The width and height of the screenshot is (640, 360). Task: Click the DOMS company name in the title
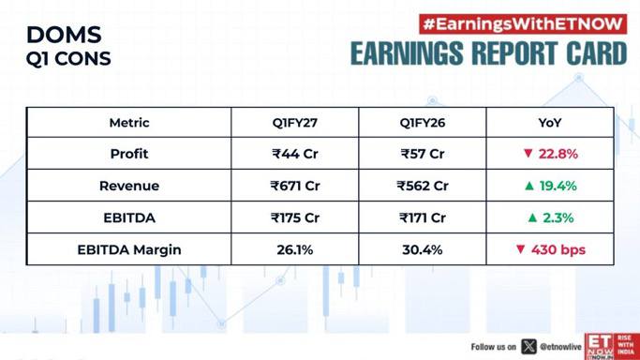coord(64,35)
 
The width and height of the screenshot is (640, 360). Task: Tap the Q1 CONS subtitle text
coord(68,59)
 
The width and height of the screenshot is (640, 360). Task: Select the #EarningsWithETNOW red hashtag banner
coord(523,24)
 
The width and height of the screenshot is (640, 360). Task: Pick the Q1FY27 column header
coord(294,123)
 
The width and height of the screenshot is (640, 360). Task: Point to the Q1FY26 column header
coord(423,123)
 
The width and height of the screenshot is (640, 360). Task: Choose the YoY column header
coord(550,123)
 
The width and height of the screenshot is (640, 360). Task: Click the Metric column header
coord(129,123)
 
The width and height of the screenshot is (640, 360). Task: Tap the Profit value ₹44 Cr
coord(294,154)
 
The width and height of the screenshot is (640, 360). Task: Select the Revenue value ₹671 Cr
coord(294,186)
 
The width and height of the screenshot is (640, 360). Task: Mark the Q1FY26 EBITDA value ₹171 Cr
coord(423,217)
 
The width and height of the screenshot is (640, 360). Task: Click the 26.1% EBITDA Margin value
coord(294,249)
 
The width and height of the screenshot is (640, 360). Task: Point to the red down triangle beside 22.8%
coord(528,154)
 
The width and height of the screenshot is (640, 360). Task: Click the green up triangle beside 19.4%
coord(529,186)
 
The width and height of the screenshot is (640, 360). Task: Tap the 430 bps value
coord(558,249)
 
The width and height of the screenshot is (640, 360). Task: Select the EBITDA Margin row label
coord(129,249)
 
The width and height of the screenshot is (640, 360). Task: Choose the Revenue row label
coord(129,186)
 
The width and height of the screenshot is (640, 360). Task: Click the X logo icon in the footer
coord(528,347)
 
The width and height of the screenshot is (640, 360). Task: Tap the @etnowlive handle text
coord(560,347)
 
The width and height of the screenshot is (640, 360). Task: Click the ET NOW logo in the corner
coord(612,346)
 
